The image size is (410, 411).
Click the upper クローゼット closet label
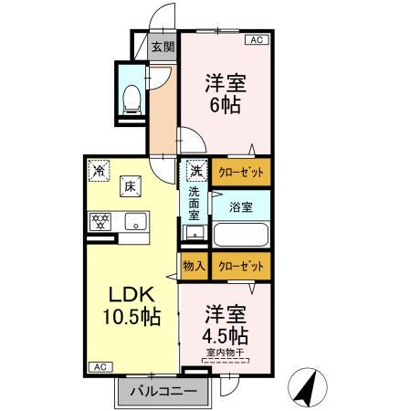coord(242,171)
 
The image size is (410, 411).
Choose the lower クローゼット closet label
coord(242,266)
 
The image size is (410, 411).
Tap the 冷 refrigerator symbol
coord(98,169)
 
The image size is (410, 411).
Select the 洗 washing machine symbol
coord(196,170)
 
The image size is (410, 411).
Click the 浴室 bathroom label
coord(241,206)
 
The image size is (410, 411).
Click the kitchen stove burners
coord(100,221)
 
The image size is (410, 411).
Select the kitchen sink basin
coord(135,221)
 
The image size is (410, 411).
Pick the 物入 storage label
coord(193,266)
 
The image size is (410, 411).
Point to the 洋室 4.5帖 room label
coord(225,321)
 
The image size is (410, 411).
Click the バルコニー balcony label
coord(162,392)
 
